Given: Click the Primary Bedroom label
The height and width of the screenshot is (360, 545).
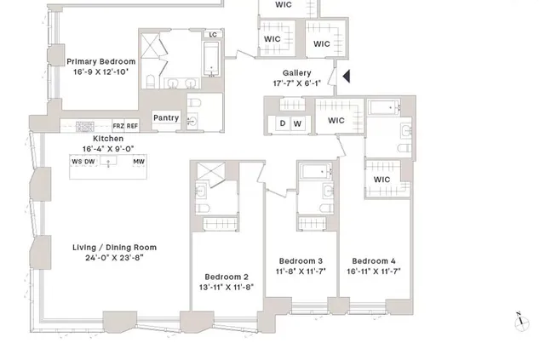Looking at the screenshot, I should click(101, 61).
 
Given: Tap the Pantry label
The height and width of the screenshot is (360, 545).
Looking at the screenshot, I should click(166, 118).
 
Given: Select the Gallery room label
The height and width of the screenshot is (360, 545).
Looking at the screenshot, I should click(290, 73).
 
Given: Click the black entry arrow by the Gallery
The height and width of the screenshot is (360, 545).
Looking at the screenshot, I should click(345, 77).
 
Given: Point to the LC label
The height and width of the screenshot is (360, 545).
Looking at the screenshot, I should click(213, 36).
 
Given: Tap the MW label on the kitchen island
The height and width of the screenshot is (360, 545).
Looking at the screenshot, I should click(139, 161).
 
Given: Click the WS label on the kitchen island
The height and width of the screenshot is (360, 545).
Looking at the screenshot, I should click(76, 161).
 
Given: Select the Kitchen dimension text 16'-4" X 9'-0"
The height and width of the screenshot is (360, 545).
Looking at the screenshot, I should click(108, 149).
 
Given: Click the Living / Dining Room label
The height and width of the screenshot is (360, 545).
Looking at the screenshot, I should click(120, 248).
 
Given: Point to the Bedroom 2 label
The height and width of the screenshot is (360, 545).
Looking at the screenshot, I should click(227, 277).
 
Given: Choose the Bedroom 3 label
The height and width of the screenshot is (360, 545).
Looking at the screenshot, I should click(301, 260).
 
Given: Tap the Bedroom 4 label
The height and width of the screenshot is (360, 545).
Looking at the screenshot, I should click(374, 260).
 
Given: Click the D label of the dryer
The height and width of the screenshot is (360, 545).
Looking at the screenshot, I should click(283, 123).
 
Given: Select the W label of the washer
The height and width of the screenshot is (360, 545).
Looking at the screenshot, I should click(297, 123).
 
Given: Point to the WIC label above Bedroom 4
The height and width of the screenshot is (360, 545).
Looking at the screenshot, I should click(381, 180).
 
